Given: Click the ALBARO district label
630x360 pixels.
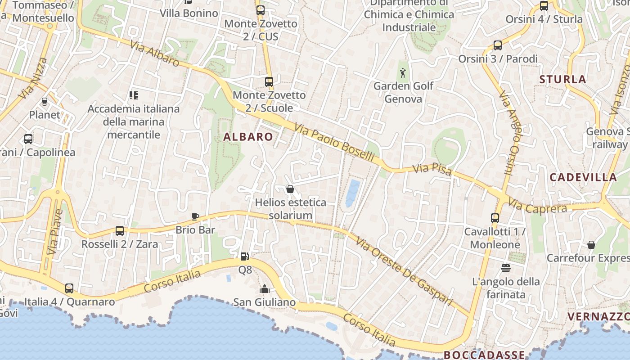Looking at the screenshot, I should click(248, 137).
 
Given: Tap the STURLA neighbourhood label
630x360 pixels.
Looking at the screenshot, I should click(562, 80).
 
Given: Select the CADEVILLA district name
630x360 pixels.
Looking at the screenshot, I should click(583, 177).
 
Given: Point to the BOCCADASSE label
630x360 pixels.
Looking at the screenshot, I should click(484, 355).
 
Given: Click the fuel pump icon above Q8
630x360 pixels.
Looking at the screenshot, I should click(245, 256).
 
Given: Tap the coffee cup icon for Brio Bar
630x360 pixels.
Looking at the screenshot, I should click(195, 216).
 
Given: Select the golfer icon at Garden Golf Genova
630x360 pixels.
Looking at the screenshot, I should click(403, 72).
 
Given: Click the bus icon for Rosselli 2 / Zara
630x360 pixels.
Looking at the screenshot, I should click(119, 231).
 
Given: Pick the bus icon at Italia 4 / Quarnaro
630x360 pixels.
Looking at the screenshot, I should click(69, 288).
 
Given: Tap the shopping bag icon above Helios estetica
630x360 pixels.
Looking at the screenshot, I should click(290, 189).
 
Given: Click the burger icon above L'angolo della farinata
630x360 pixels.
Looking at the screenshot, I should click(505, 268).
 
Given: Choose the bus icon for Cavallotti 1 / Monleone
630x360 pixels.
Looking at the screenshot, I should click(495, 218).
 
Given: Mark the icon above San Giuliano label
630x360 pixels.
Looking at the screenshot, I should click(265, 289).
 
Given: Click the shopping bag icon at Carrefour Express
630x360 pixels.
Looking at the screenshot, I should click(591, 245).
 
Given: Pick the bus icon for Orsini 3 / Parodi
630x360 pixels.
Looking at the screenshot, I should click(497, 45).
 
